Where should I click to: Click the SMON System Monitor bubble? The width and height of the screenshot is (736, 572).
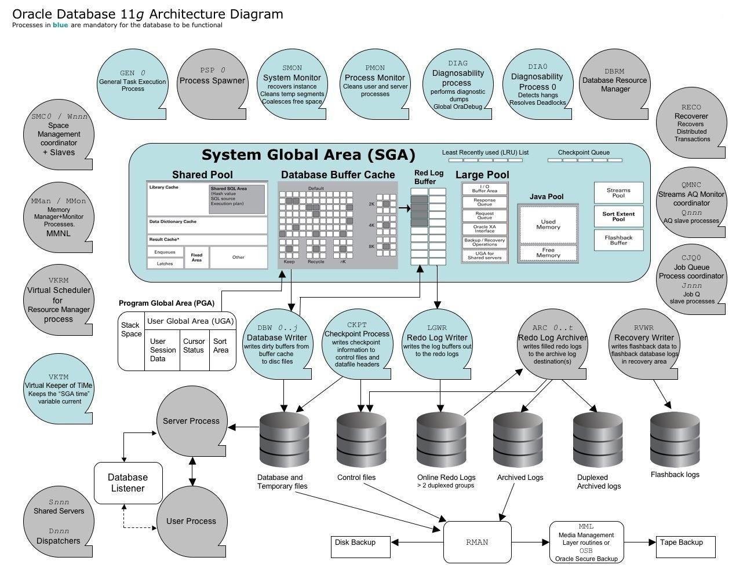[x=292, y=85]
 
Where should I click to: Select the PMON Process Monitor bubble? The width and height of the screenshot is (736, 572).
[x=375, y=85]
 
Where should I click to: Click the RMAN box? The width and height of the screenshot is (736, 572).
[x=477, y=542]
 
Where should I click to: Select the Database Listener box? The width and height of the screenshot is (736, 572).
[x=128, y=483]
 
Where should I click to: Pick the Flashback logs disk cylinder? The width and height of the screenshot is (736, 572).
[x=675, y=439]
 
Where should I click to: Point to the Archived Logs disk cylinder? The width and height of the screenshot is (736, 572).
[x=518, y=439]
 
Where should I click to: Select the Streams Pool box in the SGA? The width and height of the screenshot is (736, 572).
[x=618, y=193]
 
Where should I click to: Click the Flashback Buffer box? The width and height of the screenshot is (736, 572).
[x=618, y=240]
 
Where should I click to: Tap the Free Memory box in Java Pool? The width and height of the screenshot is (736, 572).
[x=548, y=253]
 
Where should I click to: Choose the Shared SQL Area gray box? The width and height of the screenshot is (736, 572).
[x=236, y=199]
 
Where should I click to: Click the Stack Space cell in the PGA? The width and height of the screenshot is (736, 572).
[x=131, y=342]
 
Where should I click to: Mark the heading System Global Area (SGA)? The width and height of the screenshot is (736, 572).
[x=308, y=155]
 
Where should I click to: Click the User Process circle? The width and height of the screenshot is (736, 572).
[x=191, y=521]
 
